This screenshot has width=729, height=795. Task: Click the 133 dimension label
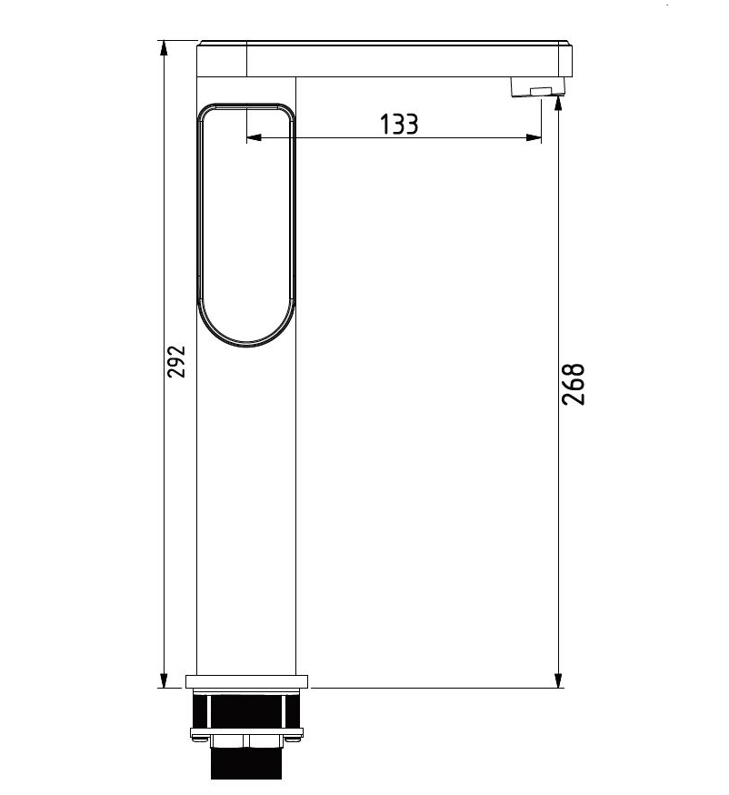click(399, 125)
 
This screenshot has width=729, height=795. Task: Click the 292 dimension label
click(177, 361)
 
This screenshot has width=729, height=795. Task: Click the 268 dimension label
click(574, 385)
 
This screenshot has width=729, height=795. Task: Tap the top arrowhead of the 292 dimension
click(164, 48)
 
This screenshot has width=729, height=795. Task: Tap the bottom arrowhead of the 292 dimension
click(164, 679)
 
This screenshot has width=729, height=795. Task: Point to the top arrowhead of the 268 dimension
click(558, 103)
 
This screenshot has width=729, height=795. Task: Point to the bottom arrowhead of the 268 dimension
click(558, 679)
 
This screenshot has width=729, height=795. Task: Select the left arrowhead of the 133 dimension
click(255, 137)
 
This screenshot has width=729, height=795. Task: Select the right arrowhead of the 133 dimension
click(534, 137)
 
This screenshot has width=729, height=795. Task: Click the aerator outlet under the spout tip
click(538, 86)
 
